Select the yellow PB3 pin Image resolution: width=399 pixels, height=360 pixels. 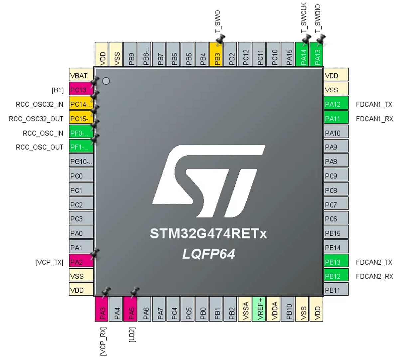216,54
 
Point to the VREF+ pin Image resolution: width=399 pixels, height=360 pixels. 259,309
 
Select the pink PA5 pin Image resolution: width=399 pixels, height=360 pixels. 130,309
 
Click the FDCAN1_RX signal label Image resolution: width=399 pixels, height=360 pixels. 374,119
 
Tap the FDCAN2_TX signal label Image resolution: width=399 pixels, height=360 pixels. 374,262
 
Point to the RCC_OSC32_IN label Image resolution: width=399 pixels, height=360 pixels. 39,104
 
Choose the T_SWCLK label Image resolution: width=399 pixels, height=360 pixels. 304,18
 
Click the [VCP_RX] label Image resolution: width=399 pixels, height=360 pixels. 103,341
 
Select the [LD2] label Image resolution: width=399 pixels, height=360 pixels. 132,335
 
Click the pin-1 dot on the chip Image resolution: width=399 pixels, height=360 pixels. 106,81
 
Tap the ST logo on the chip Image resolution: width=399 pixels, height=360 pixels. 208,181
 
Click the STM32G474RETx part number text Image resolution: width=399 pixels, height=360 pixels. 208,233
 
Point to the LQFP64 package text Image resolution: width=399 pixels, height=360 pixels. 209,254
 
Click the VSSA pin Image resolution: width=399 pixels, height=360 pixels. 245,309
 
